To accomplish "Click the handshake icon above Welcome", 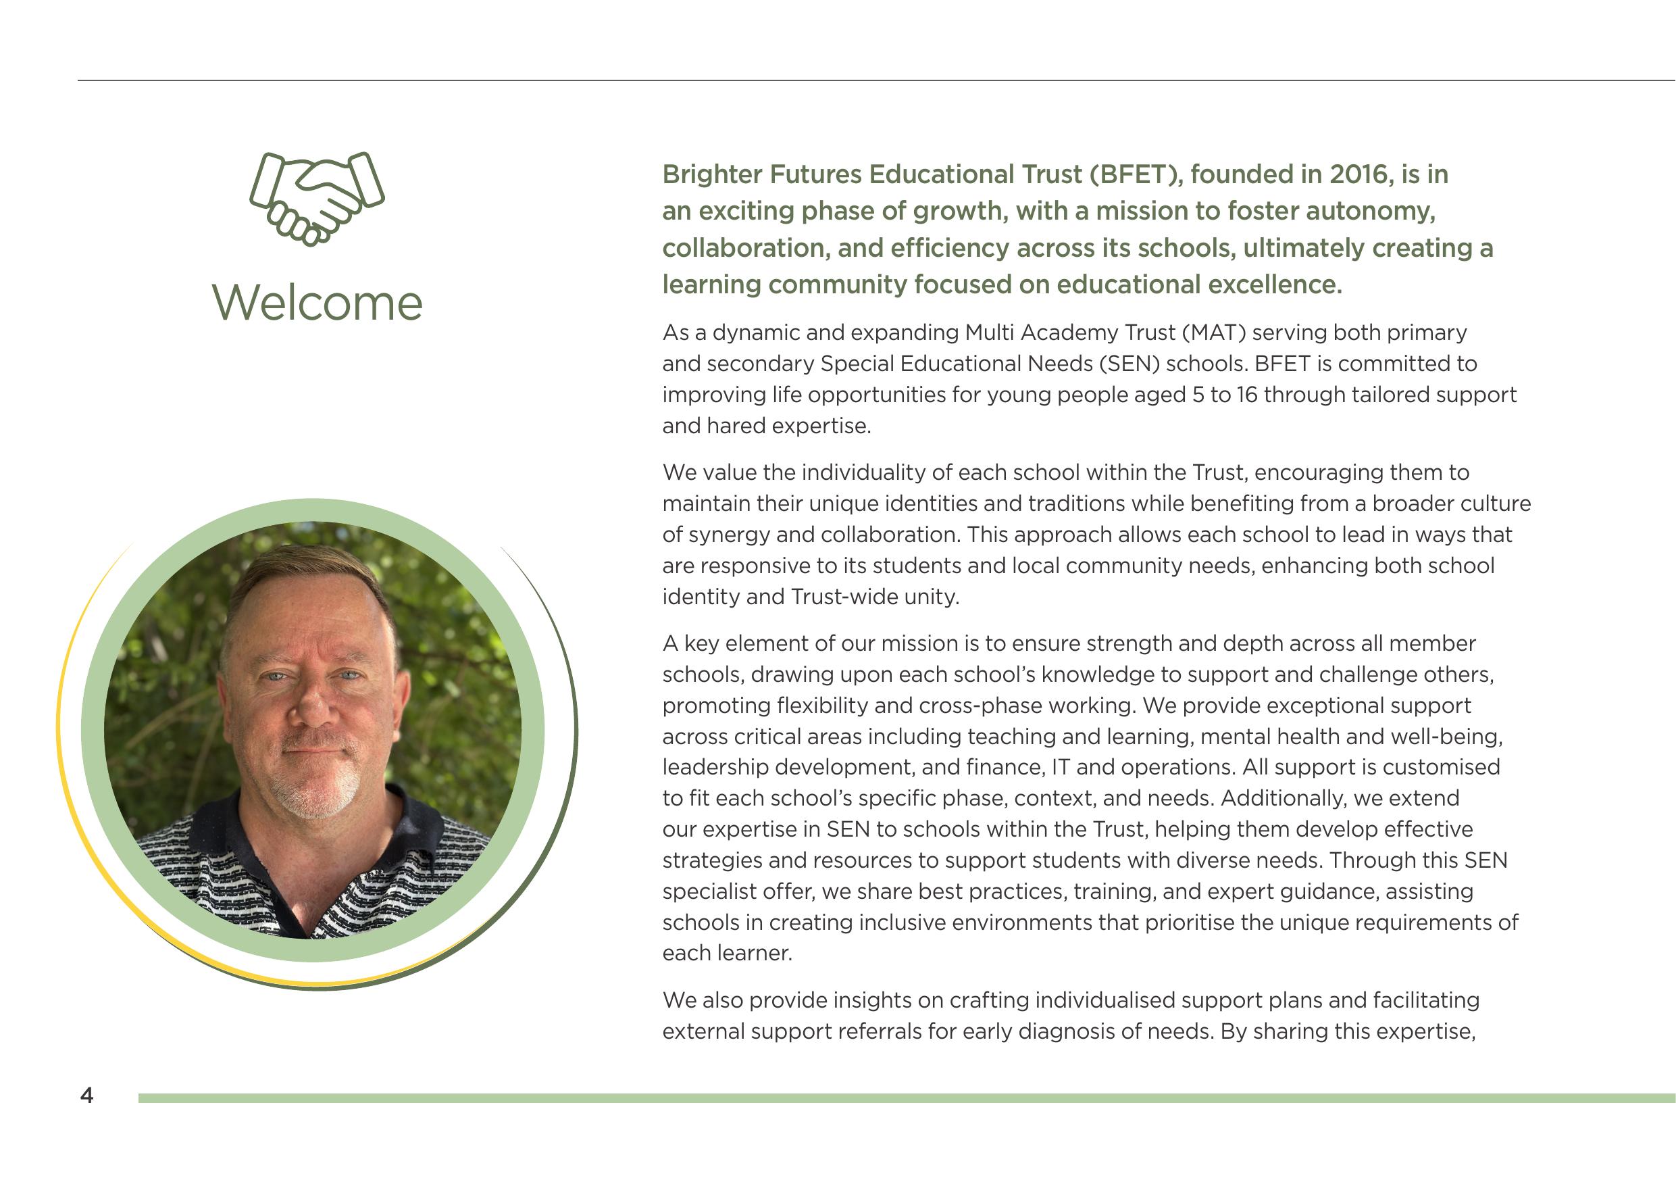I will [317, 198].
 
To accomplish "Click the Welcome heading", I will [317, 302].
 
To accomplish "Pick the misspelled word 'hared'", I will [735, 426].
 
